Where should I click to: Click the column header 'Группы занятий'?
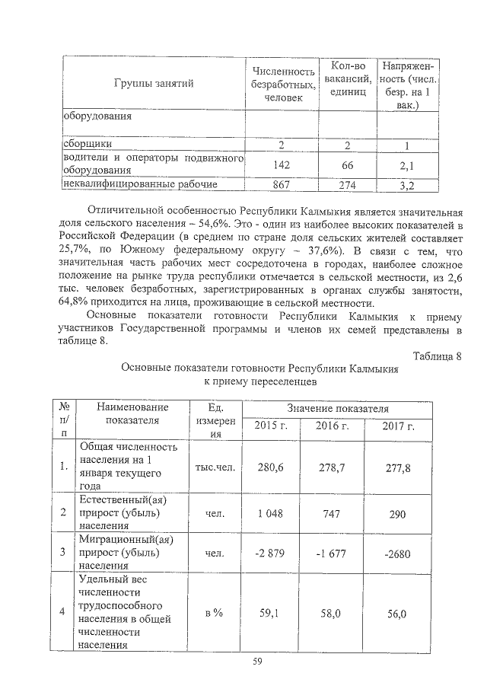coord(153,83)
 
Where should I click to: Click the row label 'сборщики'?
coord(88,144)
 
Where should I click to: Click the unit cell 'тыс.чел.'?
coord(215,467)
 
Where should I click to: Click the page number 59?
coord(257,661)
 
